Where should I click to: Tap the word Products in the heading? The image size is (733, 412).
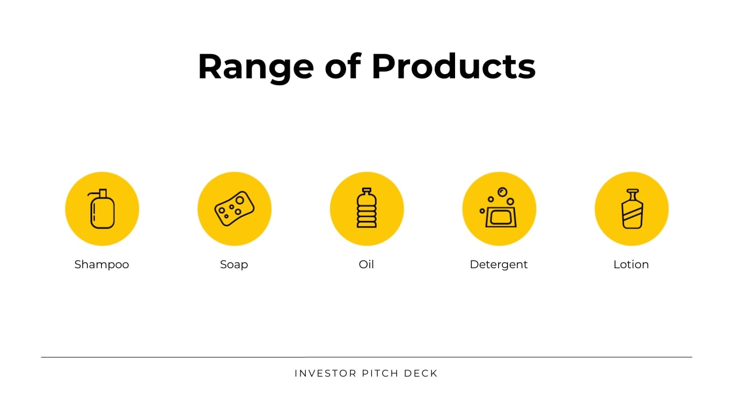(x=453, y=67)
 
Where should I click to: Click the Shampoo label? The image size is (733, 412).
(x=101, y=264)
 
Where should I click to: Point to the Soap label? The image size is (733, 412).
(x=234, y=264)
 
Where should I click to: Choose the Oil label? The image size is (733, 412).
(x=366, y=264)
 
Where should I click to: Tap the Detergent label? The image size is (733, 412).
(x=499, y=264)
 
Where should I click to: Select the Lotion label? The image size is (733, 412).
(x=631, y=264)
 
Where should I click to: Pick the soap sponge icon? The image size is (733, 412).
(x=234, y=209)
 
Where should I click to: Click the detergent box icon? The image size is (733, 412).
(x=501, y=216)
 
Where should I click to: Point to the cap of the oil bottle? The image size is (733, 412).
(x=366, y=190)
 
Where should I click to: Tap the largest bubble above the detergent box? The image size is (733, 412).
(x=502, y=192)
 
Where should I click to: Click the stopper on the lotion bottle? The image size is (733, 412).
(x=632, y=192)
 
